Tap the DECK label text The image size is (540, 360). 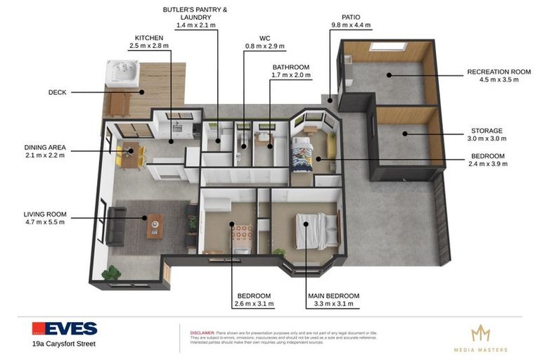(58, 92)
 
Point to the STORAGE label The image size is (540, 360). (487, 131)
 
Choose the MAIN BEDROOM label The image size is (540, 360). (333, 296)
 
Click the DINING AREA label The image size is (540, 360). (45, 148)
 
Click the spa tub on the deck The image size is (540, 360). (122, 73)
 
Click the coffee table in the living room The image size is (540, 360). (155, 226)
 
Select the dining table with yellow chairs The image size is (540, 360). (130, 153)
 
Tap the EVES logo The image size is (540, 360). (65, 328)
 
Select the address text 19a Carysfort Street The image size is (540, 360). (63, 344)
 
